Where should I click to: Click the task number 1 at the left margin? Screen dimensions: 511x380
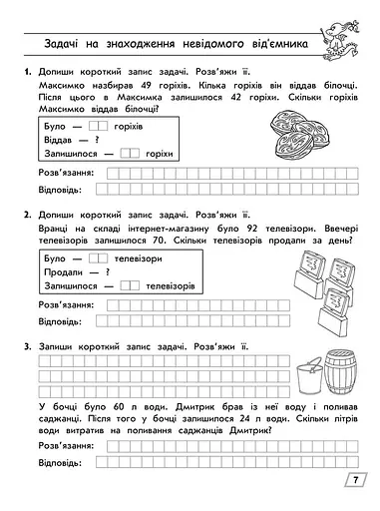click(x=23, y=74)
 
